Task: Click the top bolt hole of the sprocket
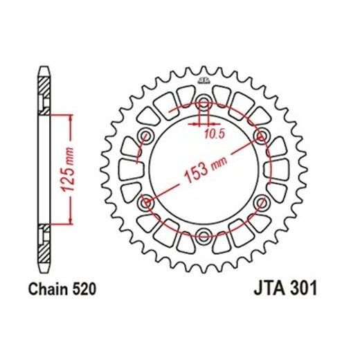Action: pos(204,105)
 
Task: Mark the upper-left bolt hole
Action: pos(147,136)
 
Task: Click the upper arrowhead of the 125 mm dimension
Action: pos(69,118)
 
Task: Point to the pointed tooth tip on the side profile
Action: pos(44,68)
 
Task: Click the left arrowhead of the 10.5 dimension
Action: pos(198,125)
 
